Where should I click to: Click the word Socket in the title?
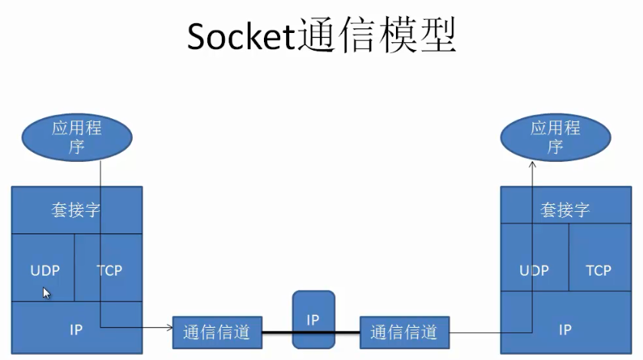tap(240, 37)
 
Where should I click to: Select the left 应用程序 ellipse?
tap(76, 137)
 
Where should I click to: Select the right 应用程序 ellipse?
tap(555, 137)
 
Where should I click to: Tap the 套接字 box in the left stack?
tap(76, 210)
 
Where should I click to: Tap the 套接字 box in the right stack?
tap(565, 210)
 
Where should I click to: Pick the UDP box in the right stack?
tap(534, 269)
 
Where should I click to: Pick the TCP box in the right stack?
tap(598, 269)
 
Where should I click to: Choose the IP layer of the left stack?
tap(76, 329)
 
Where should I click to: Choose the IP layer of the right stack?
tap(565, 330)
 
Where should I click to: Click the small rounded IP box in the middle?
tap(313, 320)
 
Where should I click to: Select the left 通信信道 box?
tap(217, 332)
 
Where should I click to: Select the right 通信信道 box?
tap(404, 332)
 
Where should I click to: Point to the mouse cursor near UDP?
tap(46, 292)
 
